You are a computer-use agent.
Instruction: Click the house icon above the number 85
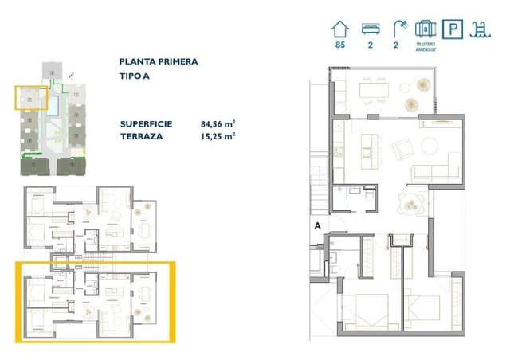tap(340, 29)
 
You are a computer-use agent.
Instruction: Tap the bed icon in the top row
tap(369, 29)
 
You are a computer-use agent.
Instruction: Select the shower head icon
tap(398, 29)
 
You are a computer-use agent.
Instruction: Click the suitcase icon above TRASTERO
tap(426, 30)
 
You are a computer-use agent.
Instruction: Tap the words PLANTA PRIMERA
tap(159, 61)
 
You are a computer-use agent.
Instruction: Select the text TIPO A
tap(136, 77)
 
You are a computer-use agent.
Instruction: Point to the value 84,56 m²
tap(218, 124)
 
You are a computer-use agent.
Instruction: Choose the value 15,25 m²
tap(218, 136)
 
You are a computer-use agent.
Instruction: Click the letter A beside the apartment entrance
tap(317, 226)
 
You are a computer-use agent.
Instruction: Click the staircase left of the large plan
tap(320, 191)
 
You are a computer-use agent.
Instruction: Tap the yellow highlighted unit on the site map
tap(32, 99)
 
